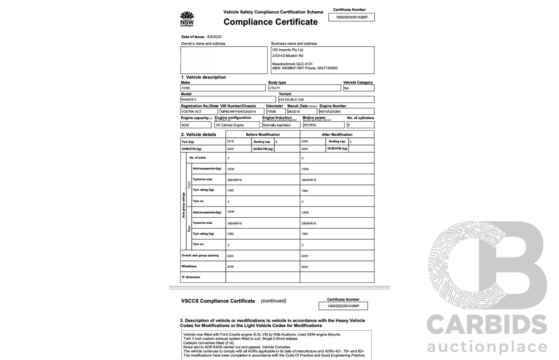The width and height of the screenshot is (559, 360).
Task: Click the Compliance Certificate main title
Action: click(270, 22)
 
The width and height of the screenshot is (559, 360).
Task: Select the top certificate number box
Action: click(352, 17)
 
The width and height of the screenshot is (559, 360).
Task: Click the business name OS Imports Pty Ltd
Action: click(288, 50)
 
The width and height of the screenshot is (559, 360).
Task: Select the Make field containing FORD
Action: click(223, 88)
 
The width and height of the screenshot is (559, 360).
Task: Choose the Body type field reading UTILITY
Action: click(304, 88)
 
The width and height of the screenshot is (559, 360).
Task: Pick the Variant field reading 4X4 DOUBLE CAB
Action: click(326, 99)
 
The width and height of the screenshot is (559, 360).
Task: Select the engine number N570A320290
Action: click(346, 112)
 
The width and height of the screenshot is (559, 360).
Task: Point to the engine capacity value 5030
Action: click(196, 125)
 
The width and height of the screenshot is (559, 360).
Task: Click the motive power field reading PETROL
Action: click(323, 125)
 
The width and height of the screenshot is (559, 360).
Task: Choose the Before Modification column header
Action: click(262, 134)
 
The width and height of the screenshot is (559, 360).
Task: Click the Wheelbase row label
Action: click(190, 266)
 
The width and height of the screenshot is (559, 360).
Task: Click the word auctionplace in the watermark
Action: click(487, 347)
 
